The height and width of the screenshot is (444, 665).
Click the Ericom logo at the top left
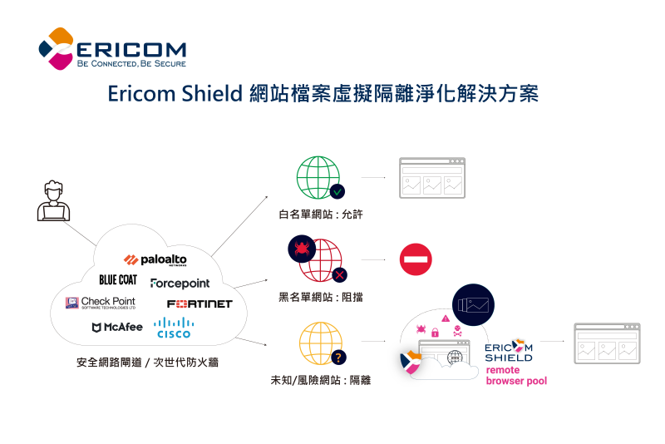112,49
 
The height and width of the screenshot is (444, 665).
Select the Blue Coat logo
118,279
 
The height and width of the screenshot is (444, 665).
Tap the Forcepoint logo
180,284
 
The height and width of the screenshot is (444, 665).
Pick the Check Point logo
101,302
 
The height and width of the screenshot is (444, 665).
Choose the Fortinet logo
199,303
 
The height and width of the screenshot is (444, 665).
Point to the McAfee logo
117,327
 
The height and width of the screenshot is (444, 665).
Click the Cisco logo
173,327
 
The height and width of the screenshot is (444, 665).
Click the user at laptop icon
53,200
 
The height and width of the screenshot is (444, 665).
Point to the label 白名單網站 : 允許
321,215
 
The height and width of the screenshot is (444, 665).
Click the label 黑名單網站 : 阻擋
321,297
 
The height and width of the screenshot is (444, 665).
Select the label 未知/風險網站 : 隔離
321,380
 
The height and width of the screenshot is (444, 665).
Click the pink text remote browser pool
516,375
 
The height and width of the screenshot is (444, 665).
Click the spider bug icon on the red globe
300,248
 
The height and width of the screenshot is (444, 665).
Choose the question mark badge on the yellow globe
338,358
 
